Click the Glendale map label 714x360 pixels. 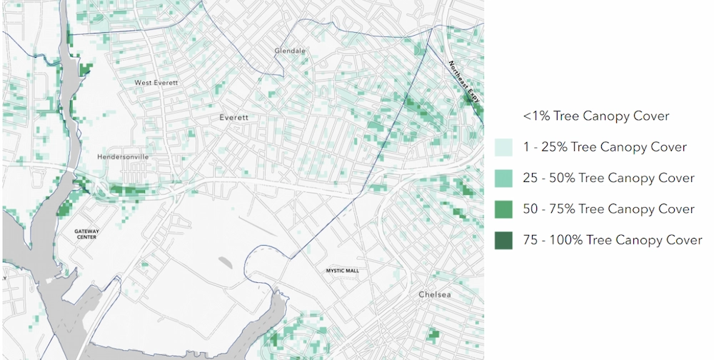pos(290,51)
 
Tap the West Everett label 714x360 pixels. pos(156,83)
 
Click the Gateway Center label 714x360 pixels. pos(86,234)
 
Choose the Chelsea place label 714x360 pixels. pos(435,295)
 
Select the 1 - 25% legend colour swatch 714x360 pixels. pos(503,147)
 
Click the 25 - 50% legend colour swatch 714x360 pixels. pos(503,178)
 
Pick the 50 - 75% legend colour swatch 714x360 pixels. pos(503,209)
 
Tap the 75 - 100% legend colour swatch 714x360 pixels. pos(503,241)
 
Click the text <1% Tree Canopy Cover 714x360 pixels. pos(595,116)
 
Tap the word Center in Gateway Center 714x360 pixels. pos(86,237)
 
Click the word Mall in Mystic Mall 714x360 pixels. pos(352,271)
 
